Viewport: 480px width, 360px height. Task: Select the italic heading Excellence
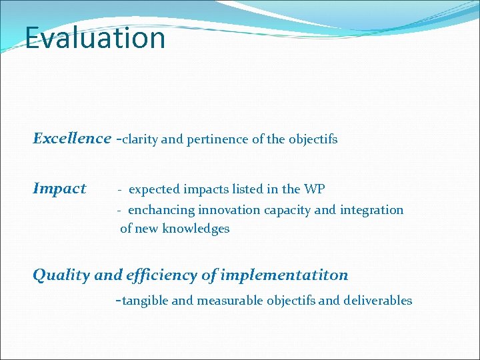[72, 139]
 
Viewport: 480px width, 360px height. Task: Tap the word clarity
[140, 139]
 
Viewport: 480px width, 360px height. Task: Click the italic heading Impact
[59, 189]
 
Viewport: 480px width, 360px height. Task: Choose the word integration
[371, 210]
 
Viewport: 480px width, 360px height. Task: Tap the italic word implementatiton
[284, 275]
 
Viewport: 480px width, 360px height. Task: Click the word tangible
[145, 301]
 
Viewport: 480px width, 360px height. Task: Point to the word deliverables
[377, 301]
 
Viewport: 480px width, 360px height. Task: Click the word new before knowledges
[149, 229]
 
